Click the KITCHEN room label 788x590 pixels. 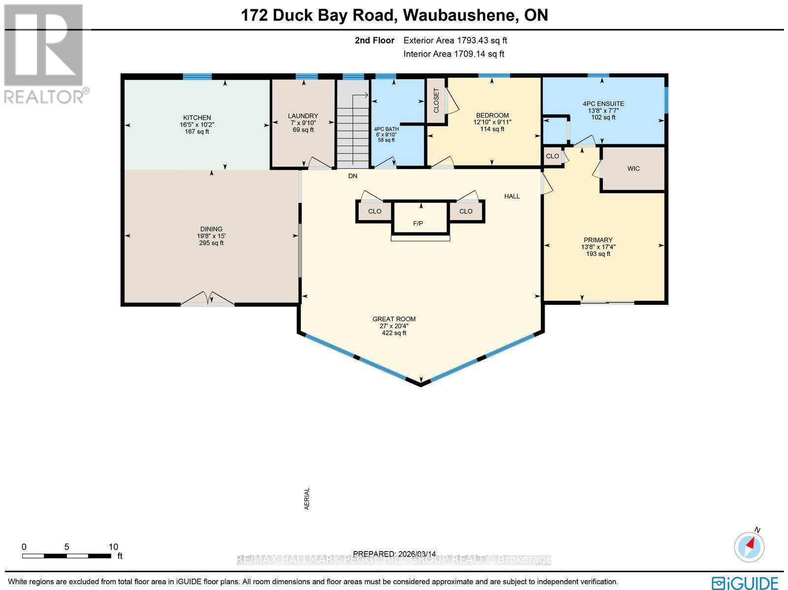click(197, 118)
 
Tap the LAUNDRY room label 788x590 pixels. click(303, 116)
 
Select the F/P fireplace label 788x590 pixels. click(418, 224)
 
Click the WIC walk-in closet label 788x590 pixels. click(633, 168)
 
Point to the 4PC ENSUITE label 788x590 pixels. click(603, 104)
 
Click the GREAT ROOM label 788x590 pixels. click(394, 319)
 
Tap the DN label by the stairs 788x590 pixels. click(353, 176)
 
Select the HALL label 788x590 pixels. click(512, 196)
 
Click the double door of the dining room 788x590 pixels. click(207, 299)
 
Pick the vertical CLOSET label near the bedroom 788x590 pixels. click(436, 100)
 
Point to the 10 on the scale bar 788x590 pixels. click(113, 547)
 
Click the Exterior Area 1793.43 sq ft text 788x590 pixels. click(455, 41)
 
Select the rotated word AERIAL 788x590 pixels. click(307, 498)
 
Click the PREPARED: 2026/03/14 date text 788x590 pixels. click(394, 554)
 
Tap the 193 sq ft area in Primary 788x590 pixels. click(598, 254)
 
